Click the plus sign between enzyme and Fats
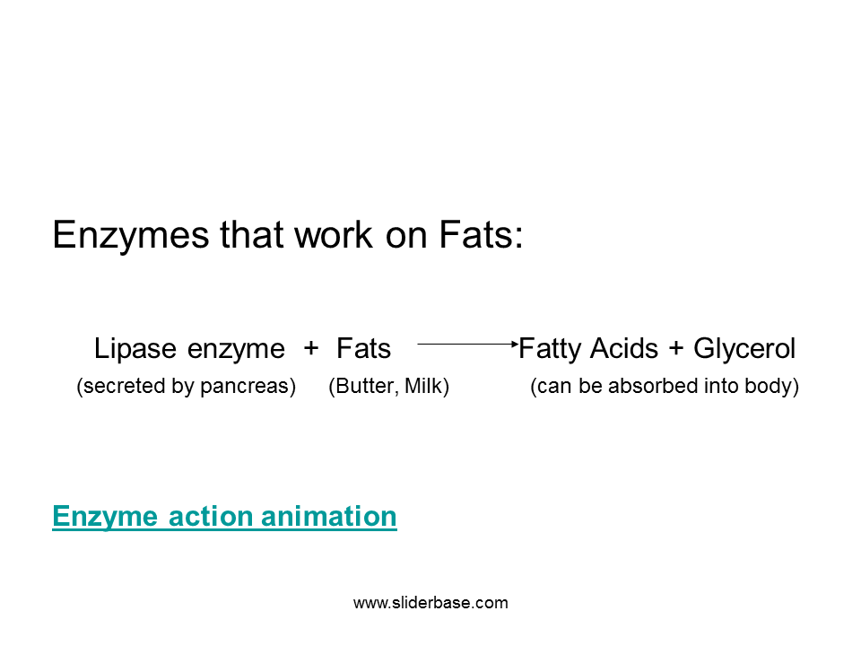click(311, 348)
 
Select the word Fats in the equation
click(363, 348)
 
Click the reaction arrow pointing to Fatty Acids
click(466, 344)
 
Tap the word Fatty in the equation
click(551, 348)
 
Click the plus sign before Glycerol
click(676, 348)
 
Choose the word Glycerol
click(744, 348)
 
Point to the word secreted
click(117, 388)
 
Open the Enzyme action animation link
click(224, 517)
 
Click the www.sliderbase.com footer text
click(430, 603)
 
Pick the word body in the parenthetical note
click(774, 388)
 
